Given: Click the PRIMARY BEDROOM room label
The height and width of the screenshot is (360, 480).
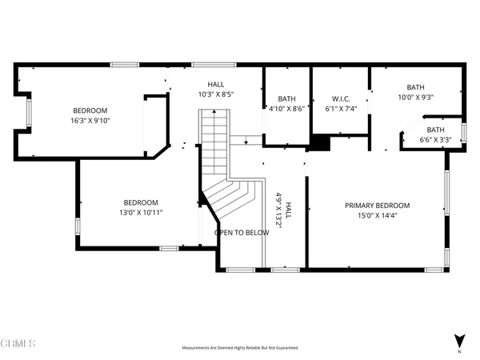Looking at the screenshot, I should coord(377,205).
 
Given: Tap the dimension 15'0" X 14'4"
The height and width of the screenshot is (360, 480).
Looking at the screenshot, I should coord(377,215).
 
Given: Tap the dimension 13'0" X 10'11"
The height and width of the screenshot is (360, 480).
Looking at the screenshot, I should coord(140,214).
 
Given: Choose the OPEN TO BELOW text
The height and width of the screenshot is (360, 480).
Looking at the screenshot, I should coord(241,233).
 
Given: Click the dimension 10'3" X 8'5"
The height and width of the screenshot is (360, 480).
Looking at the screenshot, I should coord(216,94).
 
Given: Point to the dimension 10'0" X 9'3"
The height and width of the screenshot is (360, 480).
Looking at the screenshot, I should coord(415,98).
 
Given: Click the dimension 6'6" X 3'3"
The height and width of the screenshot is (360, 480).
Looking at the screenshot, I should coord(435,140).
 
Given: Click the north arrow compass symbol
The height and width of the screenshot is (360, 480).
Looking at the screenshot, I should coord(458,340).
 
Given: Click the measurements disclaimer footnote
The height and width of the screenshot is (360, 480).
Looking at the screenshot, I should coord(240,349).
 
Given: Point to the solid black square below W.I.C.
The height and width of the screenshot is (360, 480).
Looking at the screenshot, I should coord(319,143).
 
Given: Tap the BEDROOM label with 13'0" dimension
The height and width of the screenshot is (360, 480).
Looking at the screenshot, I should coord(140,203).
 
